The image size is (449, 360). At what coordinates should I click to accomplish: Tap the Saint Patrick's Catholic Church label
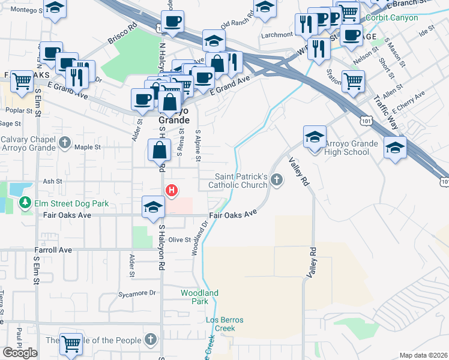tap(241, 181)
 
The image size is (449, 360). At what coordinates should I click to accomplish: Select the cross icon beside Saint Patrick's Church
tap(277, 179)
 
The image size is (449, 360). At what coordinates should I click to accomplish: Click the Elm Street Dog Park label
tap(71, 203)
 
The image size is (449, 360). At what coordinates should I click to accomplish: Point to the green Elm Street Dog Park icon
tap(25, 203)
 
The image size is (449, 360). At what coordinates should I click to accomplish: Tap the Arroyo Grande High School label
tap(351, 148)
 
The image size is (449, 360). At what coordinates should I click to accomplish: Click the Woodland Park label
tap(199, 297)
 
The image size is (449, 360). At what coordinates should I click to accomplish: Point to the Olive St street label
tap(179, 239)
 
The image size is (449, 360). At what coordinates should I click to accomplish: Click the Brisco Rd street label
tap(123, 35)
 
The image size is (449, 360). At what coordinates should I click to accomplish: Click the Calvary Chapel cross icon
tap(65, 143)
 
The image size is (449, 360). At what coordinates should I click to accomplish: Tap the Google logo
tap(20, 353)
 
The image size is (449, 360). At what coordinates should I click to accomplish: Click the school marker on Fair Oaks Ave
tap(153, 206)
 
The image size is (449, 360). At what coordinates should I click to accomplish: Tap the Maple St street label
tap(87, 146)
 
